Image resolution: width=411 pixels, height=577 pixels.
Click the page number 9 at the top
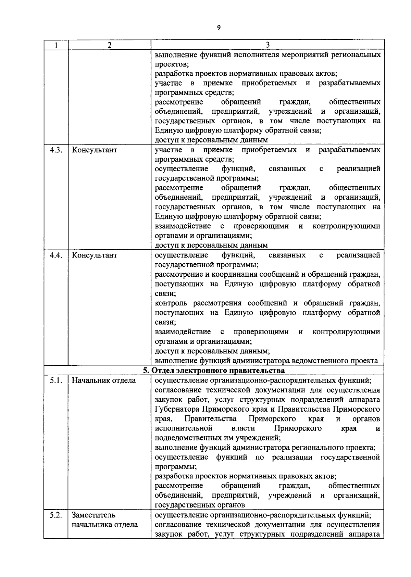219,28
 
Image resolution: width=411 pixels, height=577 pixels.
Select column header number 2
109,45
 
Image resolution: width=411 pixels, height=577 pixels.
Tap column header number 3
267,45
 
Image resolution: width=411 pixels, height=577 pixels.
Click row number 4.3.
55,150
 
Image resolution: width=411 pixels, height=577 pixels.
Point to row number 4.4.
55,255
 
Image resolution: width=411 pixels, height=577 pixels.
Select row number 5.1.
55,380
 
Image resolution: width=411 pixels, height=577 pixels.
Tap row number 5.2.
55,515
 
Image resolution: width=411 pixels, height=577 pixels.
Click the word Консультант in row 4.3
95,150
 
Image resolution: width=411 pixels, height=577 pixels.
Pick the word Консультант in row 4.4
95,255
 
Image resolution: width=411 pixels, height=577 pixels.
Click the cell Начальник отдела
104,380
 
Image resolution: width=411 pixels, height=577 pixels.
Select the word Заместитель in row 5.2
94,515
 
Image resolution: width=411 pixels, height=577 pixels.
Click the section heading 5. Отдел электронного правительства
214,371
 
